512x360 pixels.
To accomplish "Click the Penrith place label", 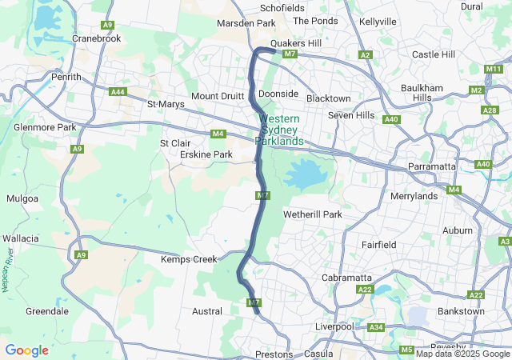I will pyautogui.click(x=66, y=77).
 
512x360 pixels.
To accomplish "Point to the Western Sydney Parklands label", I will pyautogui.click(x=279, y=130).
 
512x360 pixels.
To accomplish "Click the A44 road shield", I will pyautogui.click(x=118, y=92).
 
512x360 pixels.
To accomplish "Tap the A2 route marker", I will pyautogui.click(x=366, y=54).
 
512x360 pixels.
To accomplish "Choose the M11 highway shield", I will pyautogui.click(x=494, y=70).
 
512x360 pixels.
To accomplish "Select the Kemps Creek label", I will pyautogui.click(x=189, y=259).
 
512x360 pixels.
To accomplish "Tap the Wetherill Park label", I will pyautogui.click(x=312, y=214).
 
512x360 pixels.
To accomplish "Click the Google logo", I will pyautogui.click(x=26, y=350).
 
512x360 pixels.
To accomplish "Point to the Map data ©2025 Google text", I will pyautogui.click(x=462, y=354).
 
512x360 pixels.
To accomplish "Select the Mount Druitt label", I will pyautogui.click(x=216, y=96).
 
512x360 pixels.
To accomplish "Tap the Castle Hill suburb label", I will pyautogui.click(x=433, y=54).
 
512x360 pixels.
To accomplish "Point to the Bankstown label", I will pyautogui.click(x=460, y=310).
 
